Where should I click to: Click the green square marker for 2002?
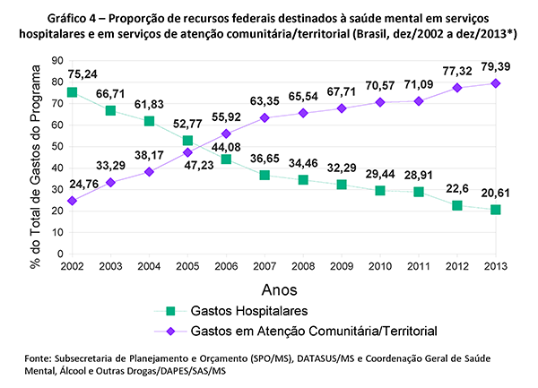tap(72, 92)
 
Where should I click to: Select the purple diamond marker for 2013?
tap(495, 83)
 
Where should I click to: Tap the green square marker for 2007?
tap(265, 175)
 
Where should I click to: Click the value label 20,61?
tap(494, 194)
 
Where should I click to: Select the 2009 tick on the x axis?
tap(341, 266)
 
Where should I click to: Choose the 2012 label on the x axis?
tap(456, 266)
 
